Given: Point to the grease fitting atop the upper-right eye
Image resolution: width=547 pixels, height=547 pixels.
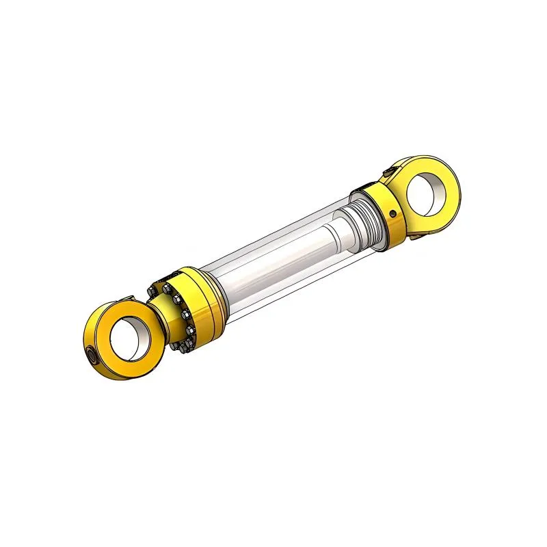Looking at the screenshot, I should point(388,169).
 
